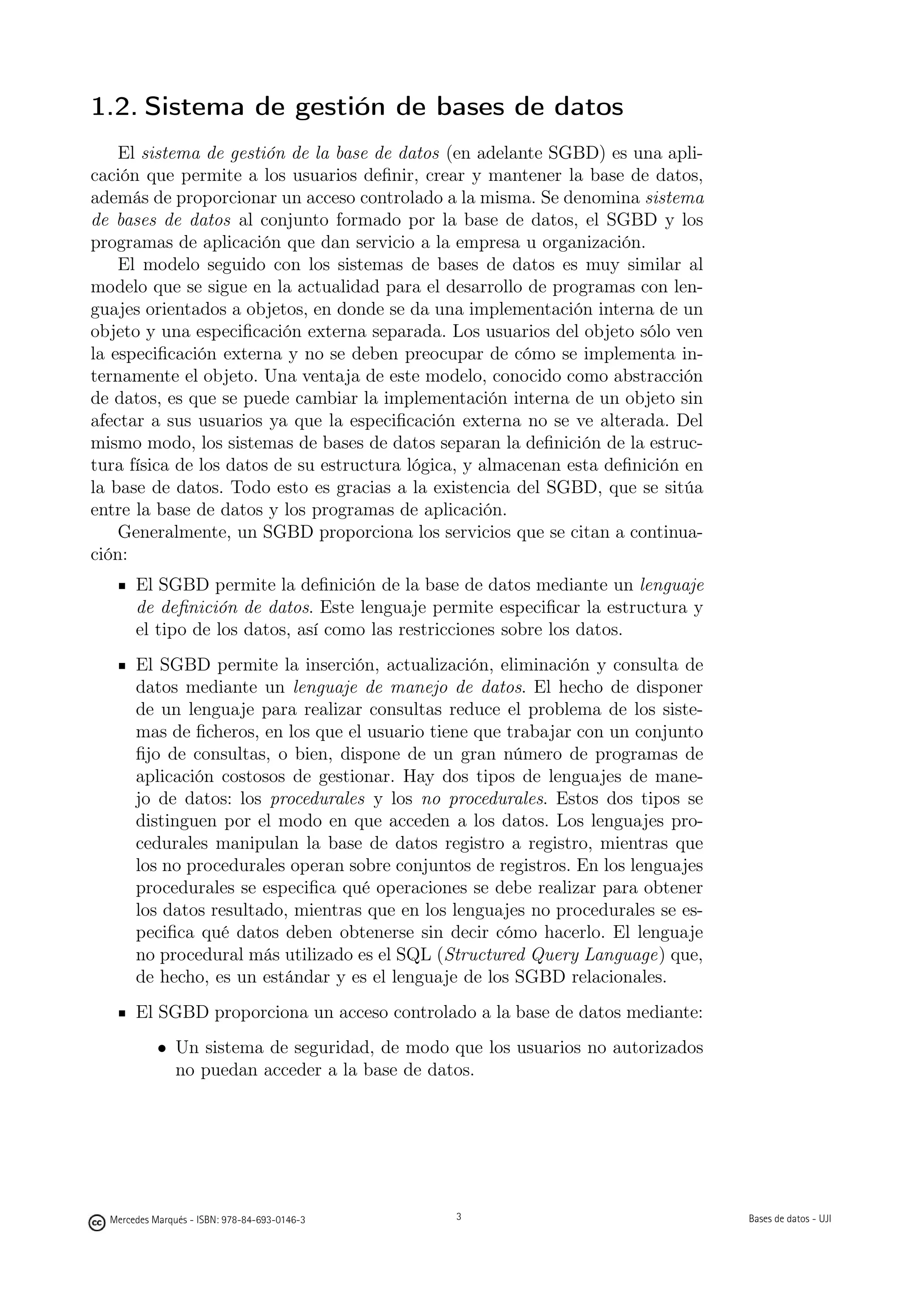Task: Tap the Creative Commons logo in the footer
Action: tap(97, 1223)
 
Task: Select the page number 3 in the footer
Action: tap(458, 1217)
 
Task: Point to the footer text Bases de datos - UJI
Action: tap(789, 1219)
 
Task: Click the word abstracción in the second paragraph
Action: tap(658, 376)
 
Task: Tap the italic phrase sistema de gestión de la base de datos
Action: tap(290, 153)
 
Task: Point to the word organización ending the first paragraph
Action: tap(594, 243)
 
